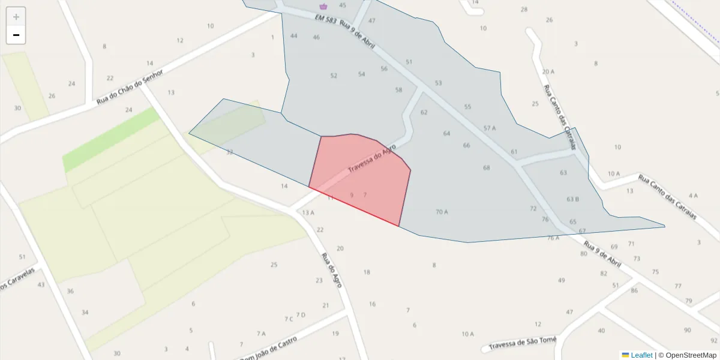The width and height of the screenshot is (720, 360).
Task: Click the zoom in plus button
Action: click(x=16, y=17)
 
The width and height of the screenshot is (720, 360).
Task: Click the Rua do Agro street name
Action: click(x=332, y=270)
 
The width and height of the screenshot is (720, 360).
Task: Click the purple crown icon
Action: click(x=323, y=7)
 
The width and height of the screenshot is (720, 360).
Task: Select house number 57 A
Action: click(x=490, y=128)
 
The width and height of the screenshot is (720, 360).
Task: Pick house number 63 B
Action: click(x=572, y=199)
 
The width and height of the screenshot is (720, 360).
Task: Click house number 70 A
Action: click(x=442, y=212)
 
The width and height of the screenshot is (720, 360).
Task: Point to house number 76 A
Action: click(x=553, y=238)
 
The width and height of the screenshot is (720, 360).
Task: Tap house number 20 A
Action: click(x=548, y=71)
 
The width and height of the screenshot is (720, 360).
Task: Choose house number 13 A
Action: click(x=308, y=212)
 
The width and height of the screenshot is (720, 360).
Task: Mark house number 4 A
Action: click(x=694, y=196)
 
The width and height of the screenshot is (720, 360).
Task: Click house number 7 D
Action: click(x=301, y=315)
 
